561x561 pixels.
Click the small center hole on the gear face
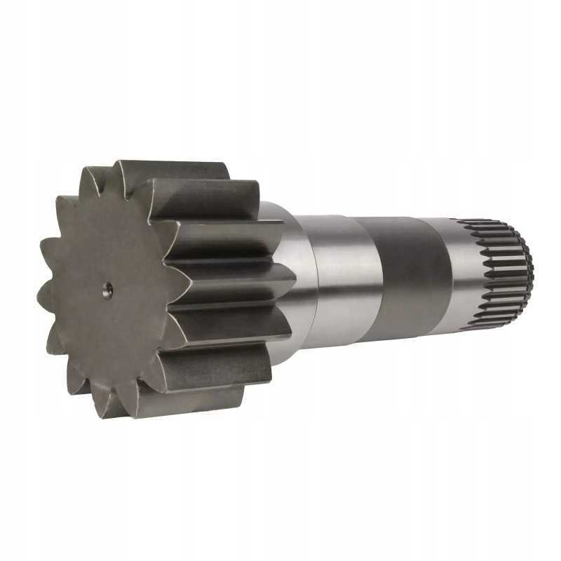tap(107, 290)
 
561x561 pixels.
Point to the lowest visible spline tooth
tap(484, 327)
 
